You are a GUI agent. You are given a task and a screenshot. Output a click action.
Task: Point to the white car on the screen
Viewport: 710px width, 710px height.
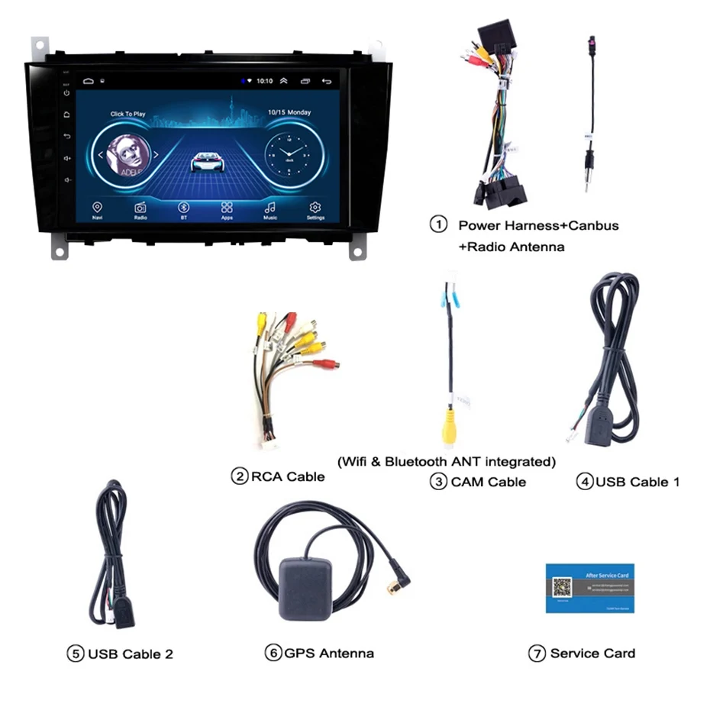point(206,161)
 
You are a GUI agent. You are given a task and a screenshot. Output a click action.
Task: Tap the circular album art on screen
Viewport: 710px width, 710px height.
point(125,156)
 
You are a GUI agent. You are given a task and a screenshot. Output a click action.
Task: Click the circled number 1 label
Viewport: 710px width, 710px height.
point(438,225)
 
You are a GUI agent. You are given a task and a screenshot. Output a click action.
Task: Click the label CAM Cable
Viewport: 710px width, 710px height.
point(488,482)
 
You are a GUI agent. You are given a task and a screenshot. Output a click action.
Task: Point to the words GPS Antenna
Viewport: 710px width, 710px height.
point(329,654)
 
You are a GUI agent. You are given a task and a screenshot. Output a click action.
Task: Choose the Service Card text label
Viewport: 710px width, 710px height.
point(592,654)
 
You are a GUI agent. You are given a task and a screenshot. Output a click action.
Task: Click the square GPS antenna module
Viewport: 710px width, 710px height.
point(303,588)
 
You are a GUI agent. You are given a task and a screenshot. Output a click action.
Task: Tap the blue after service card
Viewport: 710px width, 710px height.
point(589,588)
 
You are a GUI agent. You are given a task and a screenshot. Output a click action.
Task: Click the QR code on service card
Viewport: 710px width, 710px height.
point(562,588)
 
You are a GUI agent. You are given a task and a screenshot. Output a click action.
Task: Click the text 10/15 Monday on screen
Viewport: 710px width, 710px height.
point(289,113)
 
